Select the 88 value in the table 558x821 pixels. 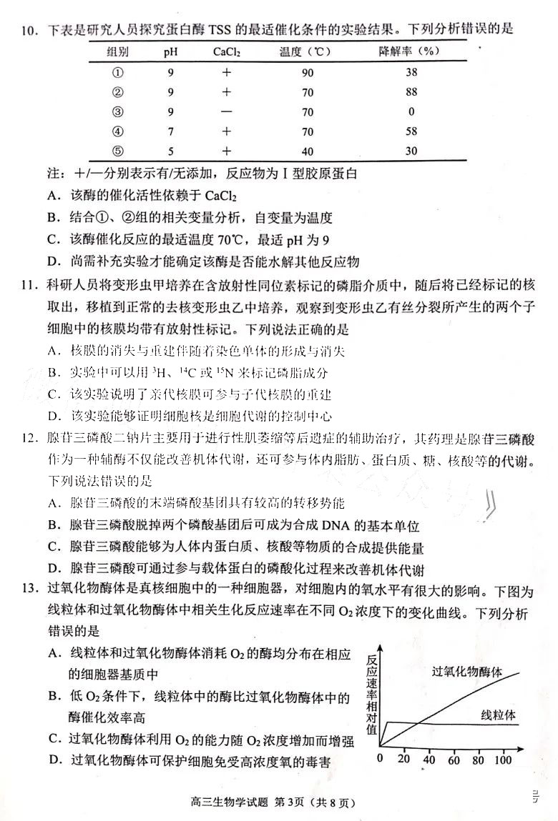[411, 91]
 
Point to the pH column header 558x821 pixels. [170, 51]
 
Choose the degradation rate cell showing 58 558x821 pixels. [411, 131]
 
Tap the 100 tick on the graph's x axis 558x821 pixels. [503, 760]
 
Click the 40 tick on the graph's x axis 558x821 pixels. [429, 760]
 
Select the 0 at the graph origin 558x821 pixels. [381, 759]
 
